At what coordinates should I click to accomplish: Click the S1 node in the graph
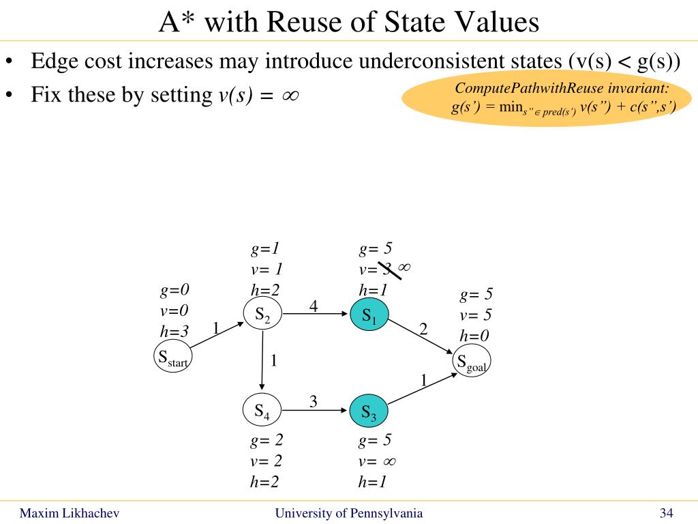click(368, 315)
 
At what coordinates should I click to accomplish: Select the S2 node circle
click(262, 314)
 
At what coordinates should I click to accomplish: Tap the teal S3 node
click(368, 411)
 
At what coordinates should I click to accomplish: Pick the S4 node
click(262, 410)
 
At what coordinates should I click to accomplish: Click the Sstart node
click(173, 357)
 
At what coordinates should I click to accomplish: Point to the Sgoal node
click(472, 363)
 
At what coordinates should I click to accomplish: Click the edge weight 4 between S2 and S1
click(314, 306)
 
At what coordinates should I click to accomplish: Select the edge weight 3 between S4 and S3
click(314, 402)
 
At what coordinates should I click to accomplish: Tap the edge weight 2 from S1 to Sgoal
click(423, 330)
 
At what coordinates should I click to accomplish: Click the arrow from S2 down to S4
click(262, 361)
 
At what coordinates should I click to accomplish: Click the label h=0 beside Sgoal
click(474, 335)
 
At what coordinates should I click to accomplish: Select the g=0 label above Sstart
click(174, 291)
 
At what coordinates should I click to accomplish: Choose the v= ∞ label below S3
click(377, 461)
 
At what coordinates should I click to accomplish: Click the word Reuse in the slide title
click(311, 23)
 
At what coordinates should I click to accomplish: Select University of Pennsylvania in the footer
click(348, 513)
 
